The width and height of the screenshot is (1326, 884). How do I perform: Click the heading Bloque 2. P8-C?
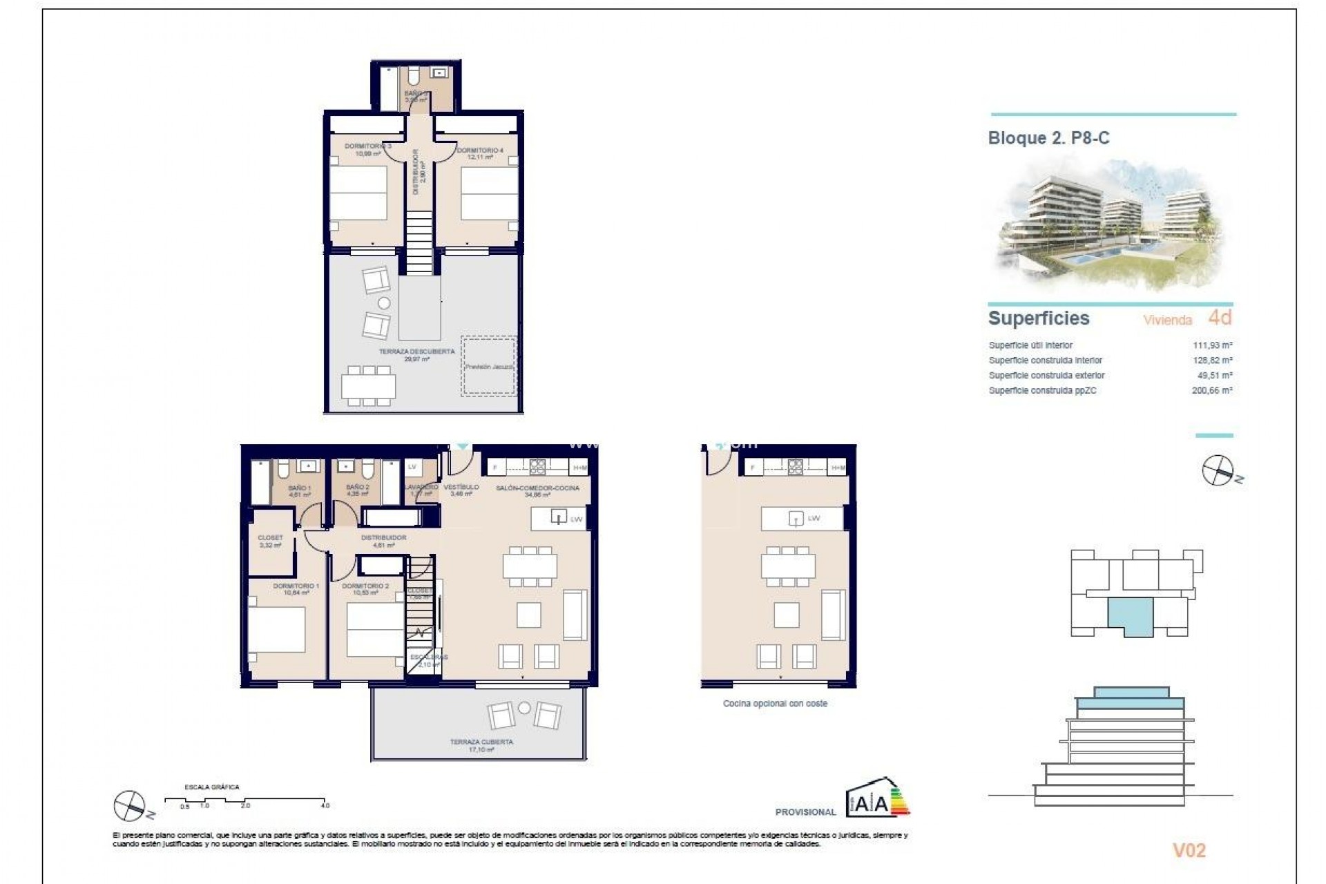tap(1048, 138)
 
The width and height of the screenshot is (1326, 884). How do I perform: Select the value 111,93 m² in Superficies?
tap(1213, 345)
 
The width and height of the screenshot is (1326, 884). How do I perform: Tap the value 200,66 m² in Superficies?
tap(1213, 391)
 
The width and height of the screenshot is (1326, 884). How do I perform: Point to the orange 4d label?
tap(1220, 318)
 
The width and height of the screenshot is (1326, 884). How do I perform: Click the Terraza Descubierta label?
tap(416, 352)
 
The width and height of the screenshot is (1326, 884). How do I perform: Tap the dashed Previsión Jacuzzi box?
tap(489, 367)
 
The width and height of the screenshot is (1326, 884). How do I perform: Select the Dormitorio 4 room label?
tap(480, 151)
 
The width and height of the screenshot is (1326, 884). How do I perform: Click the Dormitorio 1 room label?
tap(296, 586)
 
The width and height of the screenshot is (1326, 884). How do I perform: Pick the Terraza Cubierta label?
tap(481, 742)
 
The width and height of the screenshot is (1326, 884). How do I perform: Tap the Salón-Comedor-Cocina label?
tap(537, 488)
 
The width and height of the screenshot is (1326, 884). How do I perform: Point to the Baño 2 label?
tap(358, 488)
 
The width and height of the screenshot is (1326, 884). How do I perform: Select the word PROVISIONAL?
tap(805, 812)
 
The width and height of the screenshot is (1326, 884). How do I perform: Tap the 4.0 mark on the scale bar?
tap(325, 805)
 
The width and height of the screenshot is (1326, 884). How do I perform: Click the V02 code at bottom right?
tap(1189, 851)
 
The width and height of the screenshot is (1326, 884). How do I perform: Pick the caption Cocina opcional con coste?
tap(775, 704)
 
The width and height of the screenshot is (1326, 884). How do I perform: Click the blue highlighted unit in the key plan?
tap(1131, 615)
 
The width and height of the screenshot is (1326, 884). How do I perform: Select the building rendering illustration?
tap(1111, 224)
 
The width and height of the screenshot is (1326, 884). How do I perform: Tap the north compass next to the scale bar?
tap(128, 805)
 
